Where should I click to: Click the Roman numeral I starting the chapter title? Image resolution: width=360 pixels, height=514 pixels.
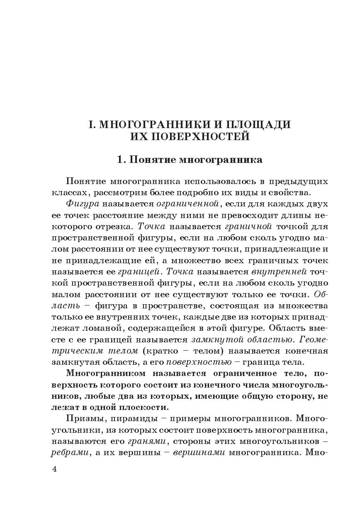point(91,125)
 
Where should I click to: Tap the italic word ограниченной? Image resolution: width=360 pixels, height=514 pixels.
point(187,204)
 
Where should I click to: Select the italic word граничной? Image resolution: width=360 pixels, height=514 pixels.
point(248,227)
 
